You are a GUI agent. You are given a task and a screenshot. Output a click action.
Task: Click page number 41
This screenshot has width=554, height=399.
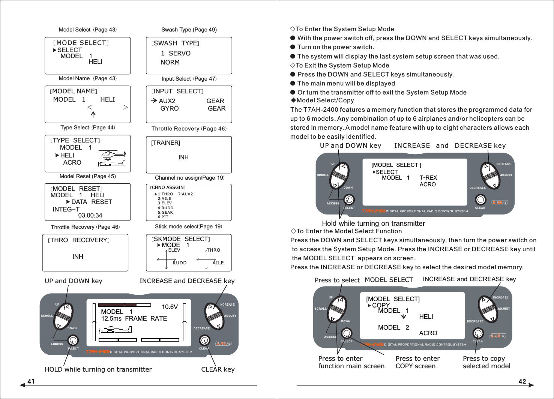pyautogui.click(x=31, y=381)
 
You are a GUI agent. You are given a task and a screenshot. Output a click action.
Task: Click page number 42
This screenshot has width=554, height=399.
pyautogui.click(x=522, y=381)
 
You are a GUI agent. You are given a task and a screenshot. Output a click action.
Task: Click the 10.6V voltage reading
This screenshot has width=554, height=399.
pyautogui.click(x=170, y=307)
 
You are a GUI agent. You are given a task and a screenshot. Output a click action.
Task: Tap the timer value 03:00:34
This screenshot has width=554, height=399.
pyautogui.click(x=90, y=215)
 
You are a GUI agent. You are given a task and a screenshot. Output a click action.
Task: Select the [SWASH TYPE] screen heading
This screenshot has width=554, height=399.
pyautogui.click(x=175, y=43)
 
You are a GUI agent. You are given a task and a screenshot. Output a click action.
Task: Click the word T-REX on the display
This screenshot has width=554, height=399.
pyautogui.click(x=428, y=178)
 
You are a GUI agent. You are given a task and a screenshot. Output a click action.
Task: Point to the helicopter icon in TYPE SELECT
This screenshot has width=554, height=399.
pyautogui.click(x=112, y=154)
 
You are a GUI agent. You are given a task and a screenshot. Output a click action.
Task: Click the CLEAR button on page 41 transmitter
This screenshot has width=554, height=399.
pyautogui.click(x=204, y=340)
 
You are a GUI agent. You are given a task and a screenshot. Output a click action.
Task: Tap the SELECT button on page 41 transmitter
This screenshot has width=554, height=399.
pyautogui.click(x=73, y=340)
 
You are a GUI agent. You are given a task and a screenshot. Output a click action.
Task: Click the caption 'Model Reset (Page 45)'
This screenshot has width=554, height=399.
pyautogui.click(x=87, y=176)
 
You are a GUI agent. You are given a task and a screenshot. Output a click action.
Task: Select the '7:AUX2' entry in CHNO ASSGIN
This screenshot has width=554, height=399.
pyautogui.click(x=185, y=194)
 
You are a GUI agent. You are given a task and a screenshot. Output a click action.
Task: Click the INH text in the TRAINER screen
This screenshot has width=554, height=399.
pyautogui.click(x=183, y=157)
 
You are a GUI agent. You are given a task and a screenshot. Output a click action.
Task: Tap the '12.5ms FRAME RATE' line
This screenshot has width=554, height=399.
pyautogui.click(x=134, y=318)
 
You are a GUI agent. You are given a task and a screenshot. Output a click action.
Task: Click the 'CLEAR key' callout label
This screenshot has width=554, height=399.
pyautogui.click(x=218, y=369)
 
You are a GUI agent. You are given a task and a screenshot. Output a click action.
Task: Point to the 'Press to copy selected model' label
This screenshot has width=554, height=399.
pyautogui.click(x=486, y=362)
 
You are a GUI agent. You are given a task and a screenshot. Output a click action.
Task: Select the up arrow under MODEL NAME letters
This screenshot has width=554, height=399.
pyautogui.click(x=93, y=114)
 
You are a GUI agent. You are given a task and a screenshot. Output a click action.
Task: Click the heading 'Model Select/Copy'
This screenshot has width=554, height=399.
pyautogui.click(x=325, y=100)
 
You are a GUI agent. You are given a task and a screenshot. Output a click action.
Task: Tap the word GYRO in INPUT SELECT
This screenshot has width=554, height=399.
pyautogui.click(x=170, y=108)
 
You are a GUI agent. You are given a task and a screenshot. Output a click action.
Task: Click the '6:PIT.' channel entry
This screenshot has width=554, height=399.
pyautogui.click(x=164, y=217)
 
